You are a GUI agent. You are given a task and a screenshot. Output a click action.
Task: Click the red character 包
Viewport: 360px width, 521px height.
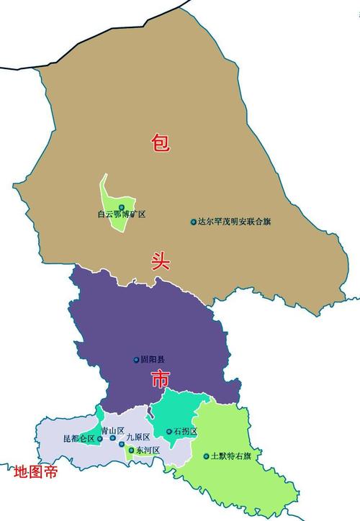pyautogui.click(x=160, y=142)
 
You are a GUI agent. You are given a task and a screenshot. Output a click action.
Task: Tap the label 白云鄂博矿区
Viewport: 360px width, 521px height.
pyautogui.click(x=122, y=214)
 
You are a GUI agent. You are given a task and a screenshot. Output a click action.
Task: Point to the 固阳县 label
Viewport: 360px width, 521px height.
pyautogui.click(x=153, y=360)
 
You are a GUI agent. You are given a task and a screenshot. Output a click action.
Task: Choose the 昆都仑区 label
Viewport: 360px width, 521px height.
pyautogui.click(x=78, y=438)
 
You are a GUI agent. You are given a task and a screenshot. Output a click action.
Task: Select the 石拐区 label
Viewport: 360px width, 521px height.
pyautogui.click(x=185, y=432)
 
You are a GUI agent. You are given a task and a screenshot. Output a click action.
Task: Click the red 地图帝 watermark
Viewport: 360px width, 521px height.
pyautogui.click(x=36, y=473)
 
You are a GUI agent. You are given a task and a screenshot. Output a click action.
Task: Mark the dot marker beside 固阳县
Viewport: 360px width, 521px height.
pyautogui.click(x=136, y=360)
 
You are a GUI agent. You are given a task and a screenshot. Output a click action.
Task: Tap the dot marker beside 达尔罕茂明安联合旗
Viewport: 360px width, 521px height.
pyautogui.click(x=193, y=222)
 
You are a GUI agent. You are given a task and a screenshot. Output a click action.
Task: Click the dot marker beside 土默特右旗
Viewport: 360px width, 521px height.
pyautogui.click(x=206, y=456)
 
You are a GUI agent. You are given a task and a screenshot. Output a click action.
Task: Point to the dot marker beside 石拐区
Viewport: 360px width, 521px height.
pyautogui.click(x=169, y=432)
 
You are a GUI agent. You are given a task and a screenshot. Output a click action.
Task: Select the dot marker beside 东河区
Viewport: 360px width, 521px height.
pyautogui.click(x=131, y=450)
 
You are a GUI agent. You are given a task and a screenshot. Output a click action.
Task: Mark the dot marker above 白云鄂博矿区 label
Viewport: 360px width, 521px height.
pyautogui.click(x=121, y=207)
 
